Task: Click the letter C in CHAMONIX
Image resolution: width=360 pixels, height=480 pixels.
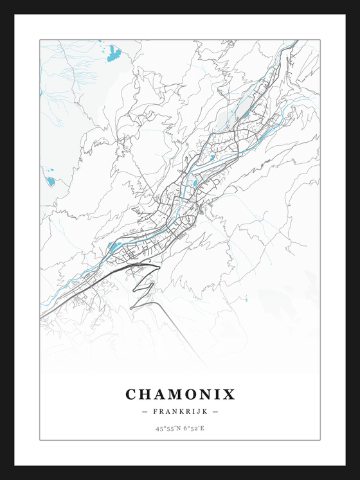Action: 131,394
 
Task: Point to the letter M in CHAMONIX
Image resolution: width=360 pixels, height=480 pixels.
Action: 179,394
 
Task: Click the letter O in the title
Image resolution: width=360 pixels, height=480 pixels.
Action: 196,394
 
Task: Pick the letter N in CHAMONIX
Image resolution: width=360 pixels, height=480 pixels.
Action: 212,394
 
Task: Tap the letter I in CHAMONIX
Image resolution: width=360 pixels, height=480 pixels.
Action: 222,394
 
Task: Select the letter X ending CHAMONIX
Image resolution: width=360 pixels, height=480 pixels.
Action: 231,394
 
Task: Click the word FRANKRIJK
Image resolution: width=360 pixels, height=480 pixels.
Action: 180,411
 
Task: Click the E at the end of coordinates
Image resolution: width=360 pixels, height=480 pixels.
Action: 203,428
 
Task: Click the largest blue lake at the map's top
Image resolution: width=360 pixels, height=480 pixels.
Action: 114,53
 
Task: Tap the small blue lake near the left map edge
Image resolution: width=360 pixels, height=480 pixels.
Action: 50,181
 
